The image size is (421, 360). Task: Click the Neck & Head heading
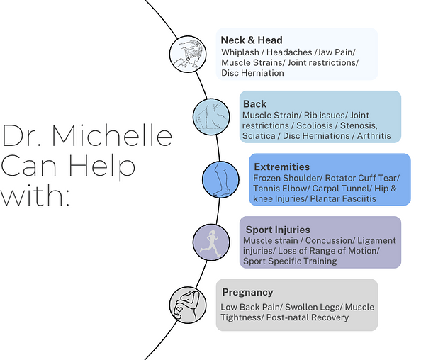click(x=252, y=40)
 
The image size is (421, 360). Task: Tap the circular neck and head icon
click(x=188, y=54)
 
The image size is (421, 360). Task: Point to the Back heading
click(x=255, y=104)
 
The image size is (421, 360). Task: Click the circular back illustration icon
click(x=211, y=117)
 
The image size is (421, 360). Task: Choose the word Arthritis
click(x=374, y=136)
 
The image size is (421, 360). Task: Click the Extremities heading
click(x=281, y=167)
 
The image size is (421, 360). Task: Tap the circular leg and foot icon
click(x=220, y=179)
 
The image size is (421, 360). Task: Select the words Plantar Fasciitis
click(x=343, y=199)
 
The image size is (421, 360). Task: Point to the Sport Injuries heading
click(x=278, y=230)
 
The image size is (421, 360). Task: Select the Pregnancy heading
click(x=247, y=292)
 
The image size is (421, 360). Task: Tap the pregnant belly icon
click(x=188, y=305)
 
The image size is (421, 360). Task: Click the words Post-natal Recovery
click(x=308, y=317)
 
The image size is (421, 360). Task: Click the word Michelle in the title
click(x=112, y=135)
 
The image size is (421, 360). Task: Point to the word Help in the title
click(x=102, y=167)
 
